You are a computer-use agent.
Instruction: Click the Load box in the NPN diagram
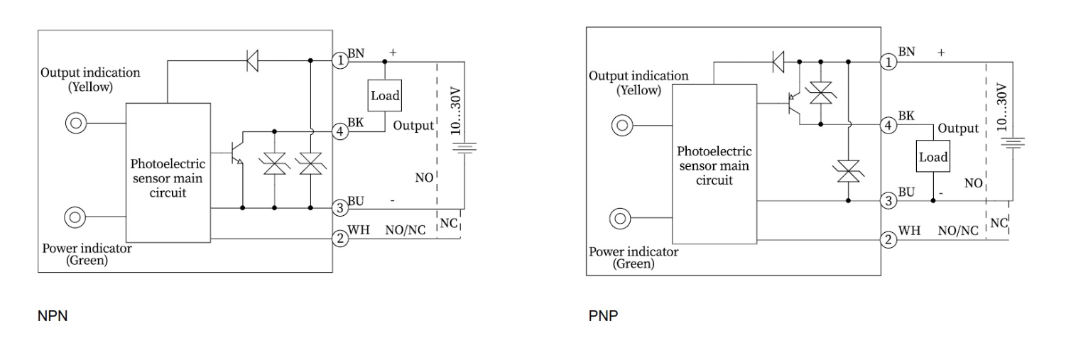385,96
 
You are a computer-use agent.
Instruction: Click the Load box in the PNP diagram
933,157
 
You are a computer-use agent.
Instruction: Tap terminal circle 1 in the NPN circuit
341,60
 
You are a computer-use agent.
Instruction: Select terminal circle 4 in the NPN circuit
341,131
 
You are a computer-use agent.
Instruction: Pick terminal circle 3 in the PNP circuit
888,201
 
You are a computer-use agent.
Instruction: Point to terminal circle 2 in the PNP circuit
888,239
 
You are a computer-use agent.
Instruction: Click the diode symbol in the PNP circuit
779,62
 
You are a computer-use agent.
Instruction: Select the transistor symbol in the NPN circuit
237,158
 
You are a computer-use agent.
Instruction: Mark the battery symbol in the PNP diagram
1011,143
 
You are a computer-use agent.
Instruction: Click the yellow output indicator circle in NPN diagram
75,123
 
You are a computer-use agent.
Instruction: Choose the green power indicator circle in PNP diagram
621,219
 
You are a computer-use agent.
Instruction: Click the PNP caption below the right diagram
603,316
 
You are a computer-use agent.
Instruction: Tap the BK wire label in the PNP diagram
906,116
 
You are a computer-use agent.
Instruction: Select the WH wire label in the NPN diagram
359,230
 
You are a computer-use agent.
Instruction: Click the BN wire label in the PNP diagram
906,52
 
